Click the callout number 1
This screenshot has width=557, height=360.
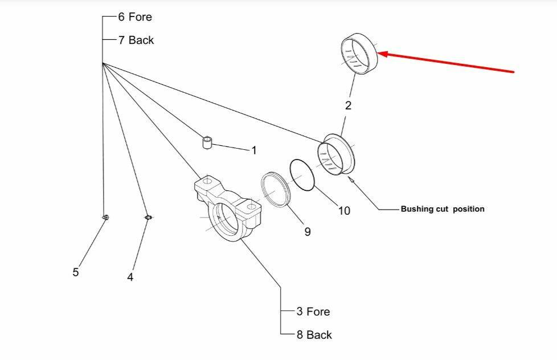pos(254,150)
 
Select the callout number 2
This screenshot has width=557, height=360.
pos(348,105)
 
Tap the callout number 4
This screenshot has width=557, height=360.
pos(130,277)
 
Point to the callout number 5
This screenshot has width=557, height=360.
pos(76,272)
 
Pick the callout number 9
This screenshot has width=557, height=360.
pos(307,232)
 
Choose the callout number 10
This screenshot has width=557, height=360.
pos(344,211)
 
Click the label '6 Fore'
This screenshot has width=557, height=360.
pos(136,17)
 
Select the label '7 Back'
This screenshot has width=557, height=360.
pos(136,40)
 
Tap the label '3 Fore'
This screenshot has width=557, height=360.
pos(313,312)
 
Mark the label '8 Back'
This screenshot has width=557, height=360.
pos(314,335)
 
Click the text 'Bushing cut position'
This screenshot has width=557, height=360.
pos(443,209)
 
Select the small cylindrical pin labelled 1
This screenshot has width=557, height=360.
pos(208,141)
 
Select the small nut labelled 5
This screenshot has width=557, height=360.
pos(105,217)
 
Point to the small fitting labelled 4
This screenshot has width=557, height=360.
pos(148,217)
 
